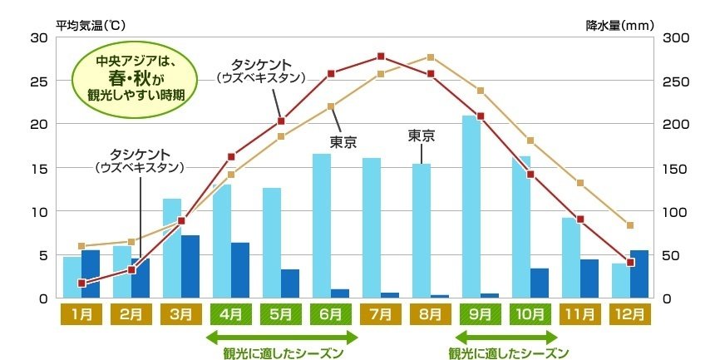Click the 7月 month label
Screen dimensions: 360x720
pos(380,315)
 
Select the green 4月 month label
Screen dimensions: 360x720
pos(230,315)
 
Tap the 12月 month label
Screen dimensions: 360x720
pos(629,315)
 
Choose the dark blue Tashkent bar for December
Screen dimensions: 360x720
pos(639,274)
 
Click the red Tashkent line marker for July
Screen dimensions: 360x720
pos(381,57)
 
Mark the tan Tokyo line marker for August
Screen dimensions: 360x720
pos(431,57)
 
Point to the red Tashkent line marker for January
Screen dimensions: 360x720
pos(81,284)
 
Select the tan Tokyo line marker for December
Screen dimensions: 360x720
pos(630,225)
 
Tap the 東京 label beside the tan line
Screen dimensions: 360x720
pos(343,142)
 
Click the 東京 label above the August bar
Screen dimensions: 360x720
pos(422,135)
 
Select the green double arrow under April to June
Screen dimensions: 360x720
pos(282,337)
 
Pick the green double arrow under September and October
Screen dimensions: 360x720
pos(506,337)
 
